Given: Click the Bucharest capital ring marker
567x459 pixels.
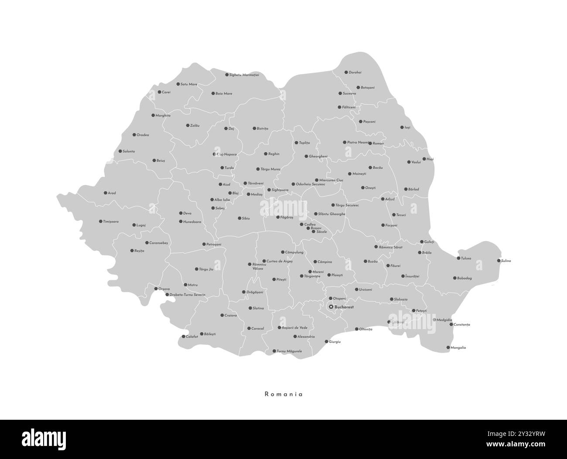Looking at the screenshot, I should click(x=331, y=307).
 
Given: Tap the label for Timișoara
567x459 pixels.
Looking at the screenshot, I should click(x=111, y=222).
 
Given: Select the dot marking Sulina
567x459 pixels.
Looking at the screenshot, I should click(x=499, y=261).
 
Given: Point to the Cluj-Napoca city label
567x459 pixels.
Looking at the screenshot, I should click(x=227, y=154).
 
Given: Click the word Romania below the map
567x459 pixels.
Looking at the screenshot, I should click(x=283, y=394).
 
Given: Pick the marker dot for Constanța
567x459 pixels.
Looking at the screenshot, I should click(x=451, y=324).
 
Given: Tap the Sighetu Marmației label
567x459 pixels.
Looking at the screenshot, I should click(x=244, y=75).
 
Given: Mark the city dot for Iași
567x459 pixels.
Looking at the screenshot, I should click(x=402, y=127).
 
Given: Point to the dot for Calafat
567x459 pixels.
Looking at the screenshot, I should click(x=183, y=337).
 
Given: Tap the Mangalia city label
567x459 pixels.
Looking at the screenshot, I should click(x=458, y=348).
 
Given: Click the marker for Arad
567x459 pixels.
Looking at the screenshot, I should click(x=105, y=193).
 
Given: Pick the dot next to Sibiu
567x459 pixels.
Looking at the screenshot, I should click(x=239, y=218).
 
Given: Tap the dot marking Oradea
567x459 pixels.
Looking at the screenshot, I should click(x=134, y=135).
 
